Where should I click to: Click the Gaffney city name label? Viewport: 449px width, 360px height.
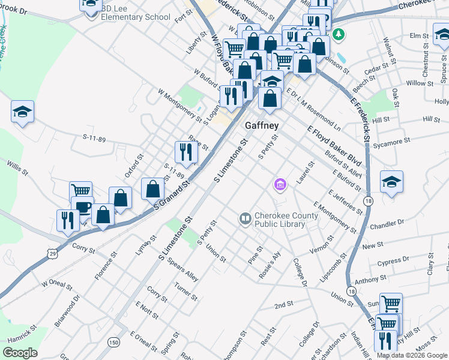point(262,126)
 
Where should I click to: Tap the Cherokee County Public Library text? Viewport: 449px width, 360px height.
point(280,220)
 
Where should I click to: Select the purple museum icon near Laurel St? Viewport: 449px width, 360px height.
point(280,185)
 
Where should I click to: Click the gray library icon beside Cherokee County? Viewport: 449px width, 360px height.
point(245,219)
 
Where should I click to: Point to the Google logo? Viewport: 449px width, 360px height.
point(20,353)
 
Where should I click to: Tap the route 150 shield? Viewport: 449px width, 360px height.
point(113,341)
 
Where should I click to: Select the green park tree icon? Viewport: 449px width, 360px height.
point(339,34)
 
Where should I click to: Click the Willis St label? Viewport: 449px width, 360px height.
point(17,168)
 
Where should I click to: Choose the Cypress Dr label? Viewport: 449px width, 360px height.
point(394,261)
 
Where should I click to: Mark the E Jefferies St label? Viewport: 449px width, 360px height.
point(346,202)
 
